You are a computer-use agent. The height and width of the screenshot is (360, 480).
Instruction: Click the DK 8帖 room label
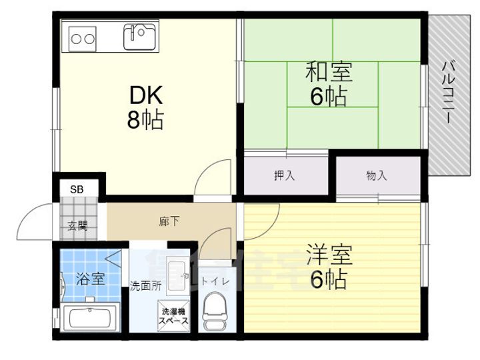pyautogui.click(x=145, y=107)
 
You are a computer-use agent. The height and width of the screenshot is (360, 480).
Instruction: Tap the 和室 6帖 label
pyautogui.click(x=329, y=84)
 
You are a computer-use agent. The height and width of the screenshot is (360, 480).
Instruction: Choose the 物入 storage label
pyautogui.click(x=376, y=176)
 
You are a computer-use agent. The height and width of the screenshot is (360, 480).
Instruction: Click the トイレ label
pyautogui.click(x=216, y=281)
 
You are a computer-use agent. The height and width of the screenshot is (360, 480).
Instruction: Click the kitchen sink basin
pyautogui.click(x=140, y=36)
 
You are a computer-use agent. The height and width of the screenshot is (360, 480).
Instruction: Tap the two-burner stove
pyautogui.click(x=82, y=39)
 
